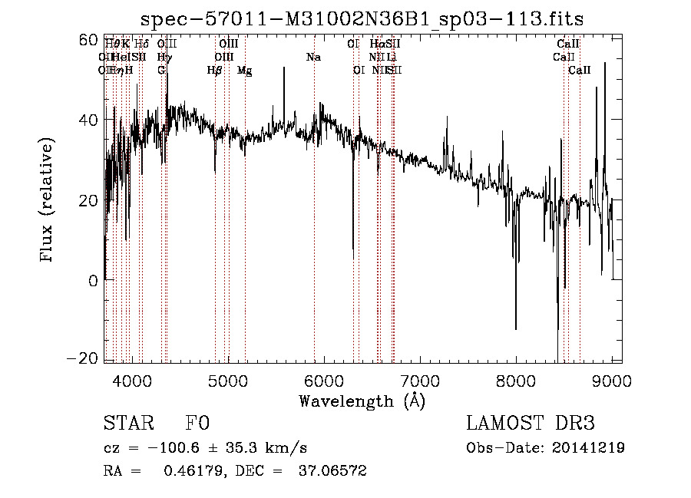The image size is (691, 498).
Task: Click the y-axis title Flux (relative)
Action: [x=48, y=200]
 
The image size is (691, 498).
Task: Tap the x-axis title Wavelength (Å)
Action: [x=362, y=401]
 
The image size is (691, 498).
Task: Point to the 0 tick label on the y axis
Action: [x=94, y=280]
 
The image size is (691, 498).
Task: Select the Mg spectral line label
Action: [x=244, y=71]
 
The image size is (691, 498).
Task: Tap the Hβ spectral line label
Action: [x=215, y=71]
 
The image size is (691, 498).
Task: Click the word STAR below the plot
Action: [x=127, y=424]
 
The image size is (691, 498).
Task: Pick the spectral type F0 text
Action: [x=197, y=424]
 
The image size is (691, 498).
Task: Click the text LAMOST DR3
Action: [x=531, y=424]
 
